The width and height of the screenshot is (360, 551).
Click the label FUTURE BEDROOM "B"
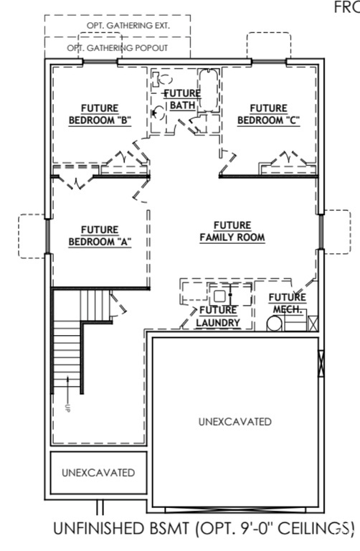point(99,114)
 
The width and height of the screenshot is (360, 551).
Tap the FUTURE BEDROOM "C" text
point(267,114)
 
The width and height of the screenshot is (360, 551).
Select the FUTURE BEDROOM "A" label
point(99,235)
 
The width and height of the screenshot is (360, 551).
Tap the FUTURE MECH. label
point(287,303)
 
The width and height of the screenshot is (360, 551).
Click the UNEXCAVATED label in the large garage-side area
point(235,421)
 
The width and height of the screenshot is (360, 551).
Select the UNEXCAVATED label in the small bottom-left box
point(98,473)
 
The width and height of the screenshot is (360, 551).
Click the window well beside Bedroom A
point(33,235)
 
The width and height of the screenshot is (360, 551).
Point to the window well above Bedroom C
point(268,44)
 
